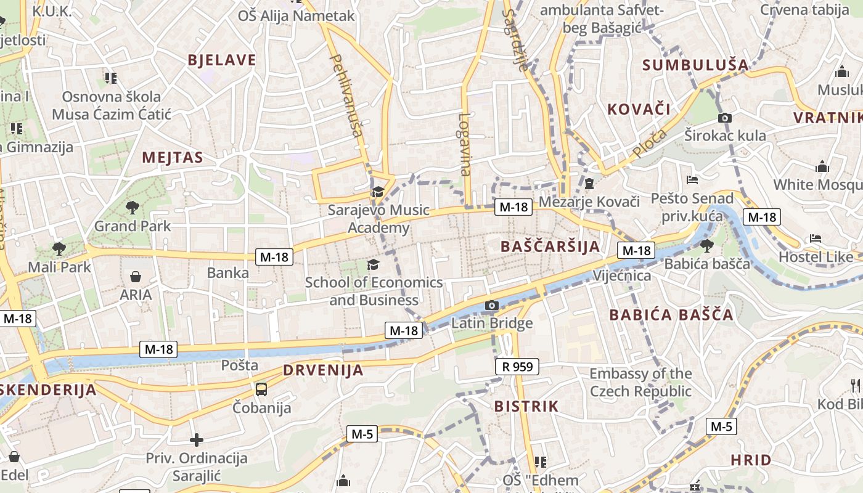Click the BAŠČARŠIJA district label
[550, 246]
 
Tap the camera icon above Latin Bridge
[491, 305]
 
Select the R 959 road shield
[517, 367]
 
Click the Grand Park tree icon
[132, 207]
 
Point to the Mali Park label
[59, 267]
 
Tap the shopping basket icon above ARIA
[136, 277]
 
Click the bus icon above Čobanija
[261, 389]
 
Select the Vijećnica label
[622, 275]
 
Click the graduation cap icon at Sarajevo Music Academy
[378, 192]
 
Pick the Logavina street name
[465, 144]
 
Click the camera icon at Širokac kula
[725, 118]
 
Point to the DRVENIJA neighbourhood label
[323, 370]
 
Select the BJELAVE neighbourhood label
[221, 60]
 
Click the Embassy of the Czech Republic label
[640, 382]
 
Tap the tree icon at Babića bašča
[706, 246]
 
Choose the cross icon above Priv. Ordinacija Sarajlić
[197, 439]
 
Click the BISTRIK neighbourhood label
[526, 406]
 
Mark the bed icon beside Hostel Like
[816, 238]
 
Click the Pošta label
[240, 365]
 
